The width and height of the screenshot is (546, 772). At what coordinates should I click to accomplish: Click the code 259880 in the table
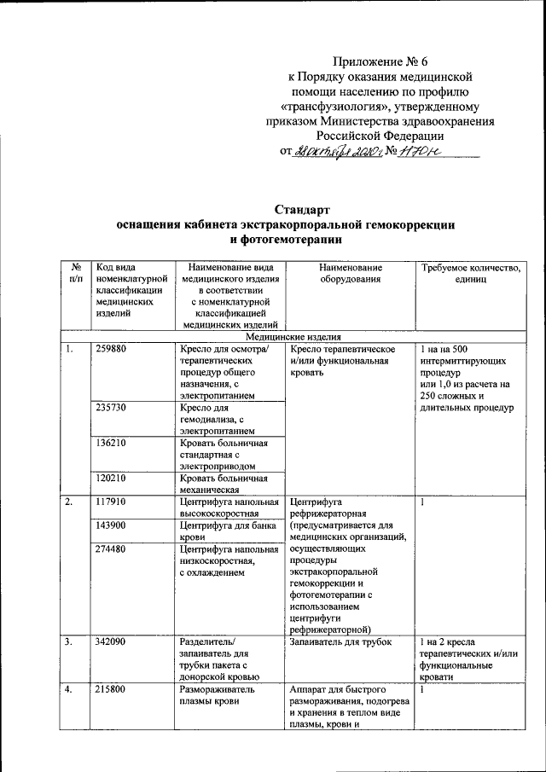(113, 350)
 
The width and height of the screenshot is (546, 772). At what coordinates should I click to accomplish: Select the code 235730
(113, 409)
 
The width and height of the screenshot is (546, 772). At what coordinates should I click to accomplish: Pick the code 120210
(113, 479)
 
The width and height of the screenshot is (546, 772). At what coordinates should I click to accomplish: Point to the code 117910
(113, 502)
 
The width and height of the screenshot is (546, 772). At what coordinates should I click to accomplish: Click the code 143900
(113, 525)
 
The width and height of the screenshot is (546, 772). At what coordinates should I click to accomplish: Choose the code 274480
(113, 549)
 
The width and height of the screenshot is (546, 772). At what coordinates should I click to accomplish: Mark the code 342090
(113, 641)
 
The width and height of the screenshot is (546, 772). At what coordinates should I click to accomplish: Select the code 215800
(113, 688)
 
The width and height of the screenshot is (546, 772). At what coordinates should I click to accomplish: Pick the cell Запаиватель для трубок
(340, 641)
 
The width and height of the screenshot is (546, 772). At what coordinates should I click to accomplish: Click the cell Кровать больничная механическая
(224, 485)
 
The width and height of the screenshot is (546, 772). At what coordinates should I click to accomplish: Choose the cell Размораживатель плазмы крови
(217, 694)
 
